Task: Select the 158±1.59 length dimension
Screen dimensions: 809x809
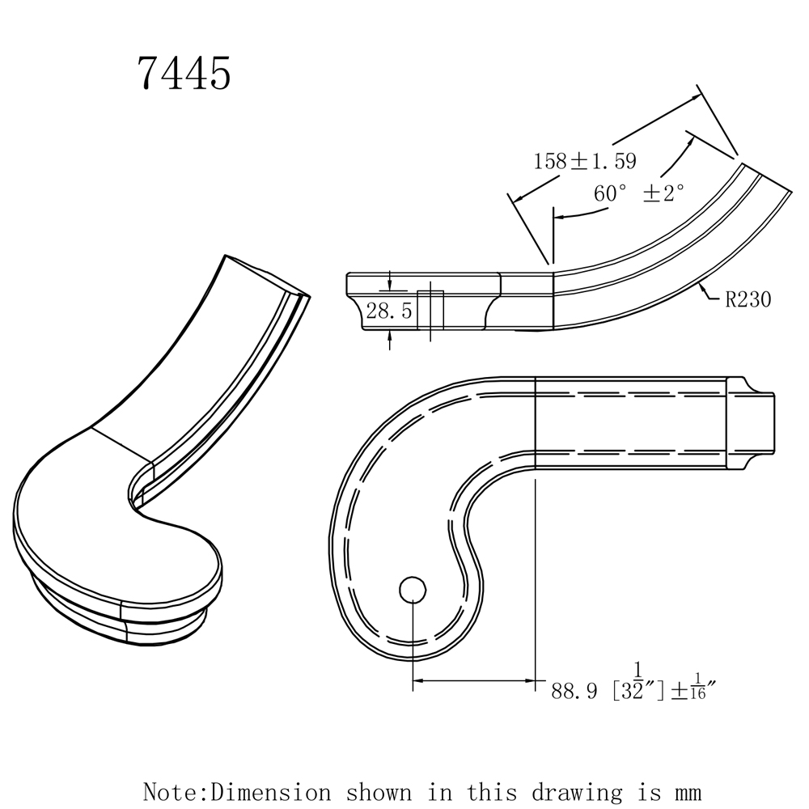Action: click(x=584, y=161)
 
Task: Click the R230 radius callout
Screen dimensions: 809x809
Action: click(x=748, y=300)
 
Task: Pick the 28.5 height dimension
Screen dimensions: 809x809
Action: click(x=389, y=311)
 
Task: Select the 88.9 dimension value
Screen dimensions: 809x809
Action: click(x=574, y=691)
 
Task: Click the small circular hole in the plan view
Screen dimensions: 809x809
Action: click(x=413, y=589)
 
